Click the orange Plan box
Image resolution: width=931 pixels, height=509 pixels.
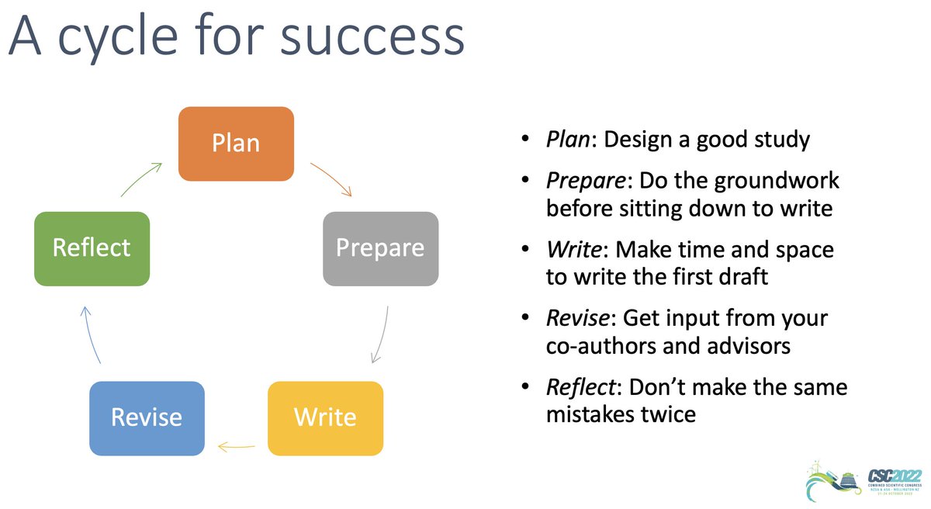coord(237,144)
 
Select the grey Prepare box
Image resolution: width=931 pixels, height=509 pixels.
coord(380,248)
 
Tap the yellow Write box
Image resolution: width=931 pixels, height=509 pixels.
coord(325,417)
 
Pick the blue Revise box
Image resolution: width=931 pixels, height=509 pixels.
coord(147,417)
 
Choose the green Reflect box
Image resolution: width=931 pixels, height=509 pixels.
coord(92,248)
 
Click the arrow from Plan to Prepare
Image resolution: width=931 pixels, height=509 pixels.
coord(332,179)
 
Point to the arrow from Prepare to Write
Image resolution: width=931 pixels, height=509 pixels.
coord(380,334)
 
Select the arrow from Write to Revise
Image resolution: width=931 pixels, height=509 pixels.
coord(236,446)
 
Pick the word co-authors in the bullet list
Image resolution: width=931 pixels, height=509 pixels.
coord(601,345)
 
